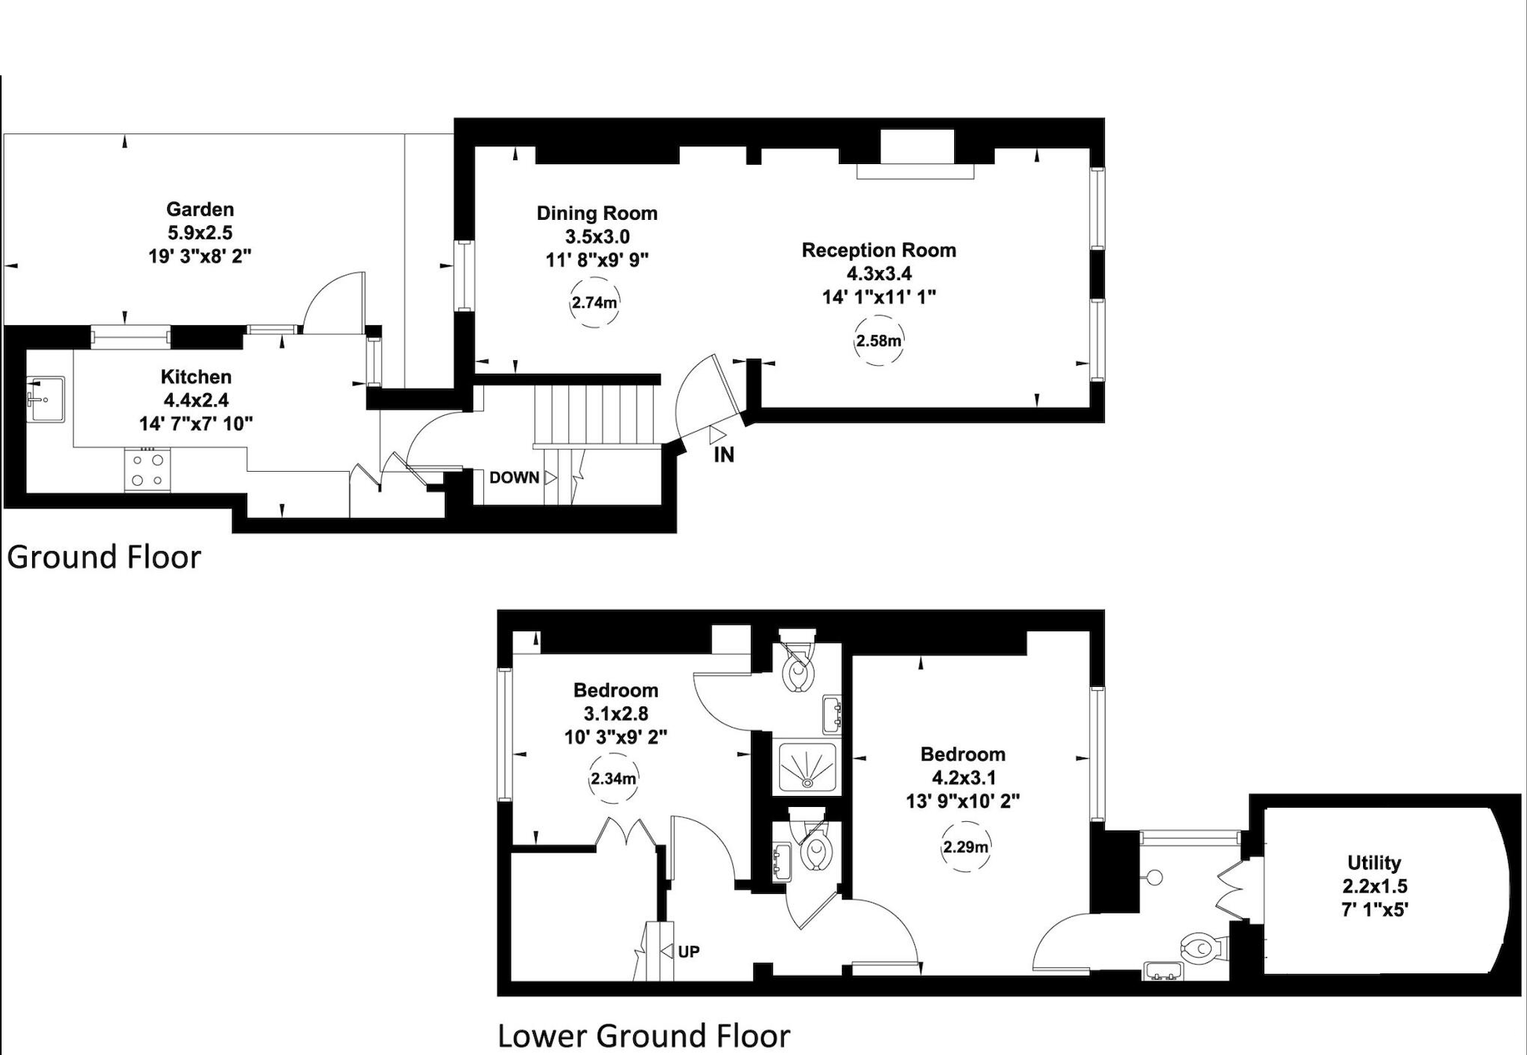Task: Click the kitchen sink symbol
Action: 45,398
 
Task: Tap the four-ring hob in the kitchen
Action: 148,469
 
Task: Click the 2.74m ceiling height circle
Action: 594,302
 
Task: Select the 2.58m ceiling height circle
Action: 878,341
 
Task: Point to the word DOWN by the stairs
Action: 514,477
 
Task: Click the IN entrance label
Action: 723,454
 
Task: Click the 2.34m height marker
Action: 613,779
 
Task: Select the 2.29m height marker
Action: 965,847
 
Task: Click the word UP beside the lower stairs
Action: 688,951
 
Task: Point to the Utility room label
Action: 1374,863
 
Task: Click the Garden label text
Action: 199,210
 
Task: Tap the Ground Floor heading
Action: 104,557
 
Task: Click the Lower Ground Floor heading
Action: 643,1035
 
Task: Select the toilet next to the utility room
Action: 1201,949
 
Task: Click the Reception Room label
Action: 878,250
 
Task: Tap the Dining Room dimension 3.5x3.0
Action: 597,236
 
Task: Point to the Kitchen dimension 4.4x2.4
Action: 195,400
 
